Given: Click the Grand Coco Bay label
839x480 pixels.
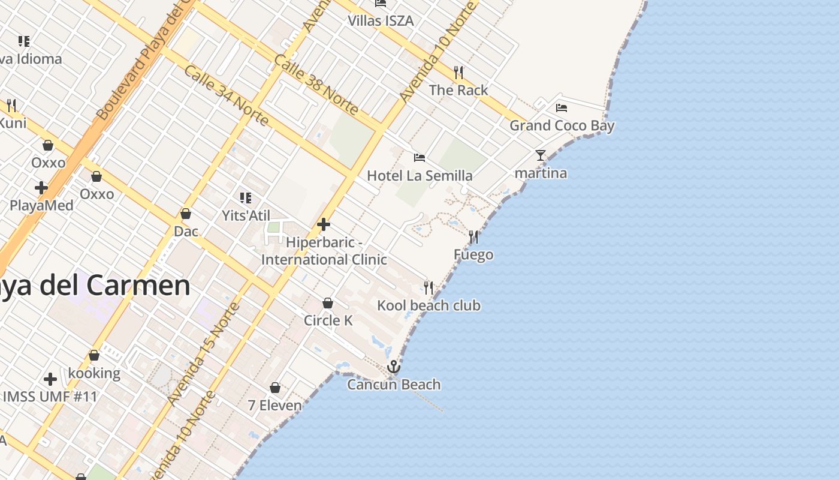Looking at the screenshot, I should [562, 125].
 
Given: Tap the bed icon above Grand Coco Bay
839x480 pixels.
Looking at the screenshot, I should [562, 108].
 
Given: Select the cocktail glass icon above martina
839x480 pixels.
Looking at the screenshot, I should [541, 155].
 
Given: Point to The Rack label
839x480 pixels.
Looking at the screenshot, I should [458, 90].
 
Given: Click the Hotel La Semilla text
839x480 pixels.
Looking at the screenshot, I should [419, 176].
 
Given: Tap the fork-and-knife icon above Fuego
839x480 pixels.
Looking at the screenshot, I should [473, 237].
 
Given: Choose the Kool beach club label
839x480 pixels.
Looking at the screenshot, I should [428, 305].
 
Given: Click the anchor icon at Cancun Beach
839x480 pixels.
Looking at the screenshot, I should [394, 366].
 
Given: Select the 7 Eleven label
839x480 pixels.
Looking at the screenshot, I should [275, 406].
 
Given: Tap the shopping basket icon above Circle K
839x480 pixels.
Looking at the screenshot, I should [328, 303].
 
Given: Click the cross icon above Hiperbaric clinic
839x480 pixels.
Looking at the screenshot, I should [324, 225].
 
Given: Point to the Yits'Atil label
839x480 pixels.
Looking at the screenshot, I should [246, 215].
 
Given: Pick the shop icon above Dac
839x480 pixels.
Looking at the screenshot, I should [186, 214].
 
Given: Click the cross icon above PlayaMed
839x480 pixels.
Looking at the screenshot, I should [41, 188].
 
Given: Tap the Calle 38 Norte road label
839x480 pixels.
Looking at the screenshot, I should [316, 85].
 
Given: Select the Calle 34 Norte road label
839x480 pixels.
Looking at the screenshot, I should [225, 95].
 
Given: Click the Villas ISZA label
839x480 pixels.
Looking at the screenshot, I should [381, 20].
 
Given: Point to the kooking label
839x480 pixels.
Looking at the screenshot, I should [94, 373].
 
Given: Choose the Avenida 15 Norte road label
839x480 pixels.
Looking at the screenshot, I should [204, 354].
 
